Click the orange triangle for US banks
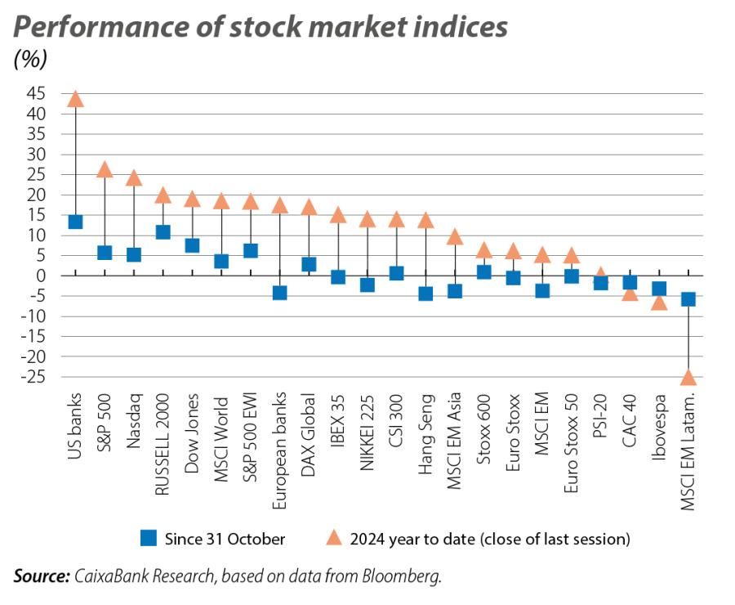pos(75,100)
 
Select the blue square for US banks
pos(75,222)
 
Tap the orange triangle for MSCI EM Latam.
pos(688,378)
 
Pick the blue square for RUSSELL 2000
pos(163,232)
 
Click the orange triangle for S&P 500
pos(105,170)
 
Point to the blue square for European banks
pos(279,293)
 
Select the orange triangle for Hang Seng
pos(425,221)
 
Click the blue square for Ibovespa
pos(659,289)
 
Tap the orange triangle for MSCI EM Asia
pos(455,238)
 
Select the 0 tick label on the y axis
pos(40,276)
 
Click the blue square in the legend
pos(148,538)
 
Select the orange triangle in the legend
pos(334,538)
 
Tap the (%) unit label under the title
pos(30,59)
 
